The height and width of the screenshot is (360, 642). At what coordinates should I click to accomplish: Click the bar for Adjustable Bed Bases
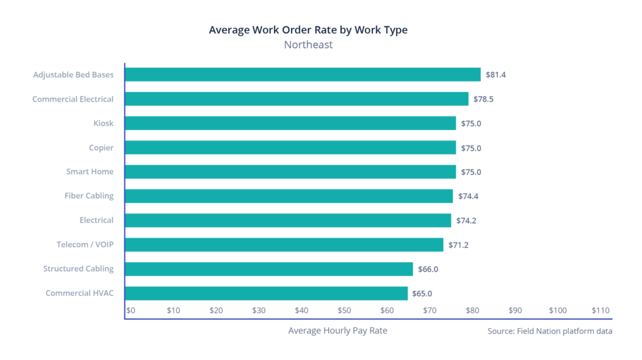coord(303,75)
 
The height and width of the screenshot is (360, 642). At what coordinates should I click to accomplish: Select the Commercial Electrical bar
coord(297,99)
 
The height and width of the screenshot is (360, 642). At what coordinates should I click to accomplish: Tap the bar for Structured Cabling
coord(269,269)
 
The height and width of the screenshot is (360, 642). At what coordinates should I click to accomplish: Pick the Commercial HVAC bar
coord(266,294)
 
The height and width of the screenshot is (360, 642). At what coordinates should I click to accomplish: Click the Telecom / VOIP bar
coord(284,245)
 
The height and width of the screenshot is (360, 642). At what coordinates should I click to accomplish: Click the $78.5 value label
coord(483,99)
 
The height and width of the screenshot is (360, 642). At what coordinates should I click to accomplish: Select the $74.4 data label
coord(468,196)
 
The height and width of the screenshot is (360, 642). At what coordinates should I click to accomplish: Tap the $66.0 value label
coord(428,269)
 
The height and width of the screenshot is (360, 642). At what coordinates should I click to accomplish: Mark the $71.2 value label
coord(458,245)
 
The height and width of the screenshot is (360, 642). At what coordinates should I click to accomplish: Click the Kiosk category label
coord(103,124)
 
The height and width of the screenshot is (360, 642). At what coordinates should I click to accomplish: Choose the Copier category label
coord(101,147)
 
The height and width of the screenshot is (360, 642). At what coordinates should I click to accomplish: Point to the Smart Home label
coord(90,172)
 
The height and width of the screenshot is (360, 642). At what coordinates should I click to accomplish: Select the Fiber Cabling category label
coord(89,196)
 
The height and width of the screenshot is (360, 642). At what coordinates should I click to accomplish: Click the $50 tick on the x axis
coord(344,310)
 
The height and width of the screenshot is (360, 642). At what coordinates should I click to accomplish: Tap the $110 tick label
coord(600,310)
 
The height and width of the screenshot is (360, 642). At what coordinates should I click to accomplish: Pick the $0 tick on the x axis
coord(131,310)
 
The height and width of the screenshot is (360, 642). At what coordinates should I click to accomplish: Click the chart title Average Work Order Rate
coord(308,30)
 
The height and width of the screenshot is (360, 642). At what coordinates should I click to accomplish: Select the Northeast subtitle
coord(308,45)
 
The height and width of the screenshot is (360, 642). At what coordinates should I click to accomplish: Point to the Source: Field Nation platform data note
coord(550,331)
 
